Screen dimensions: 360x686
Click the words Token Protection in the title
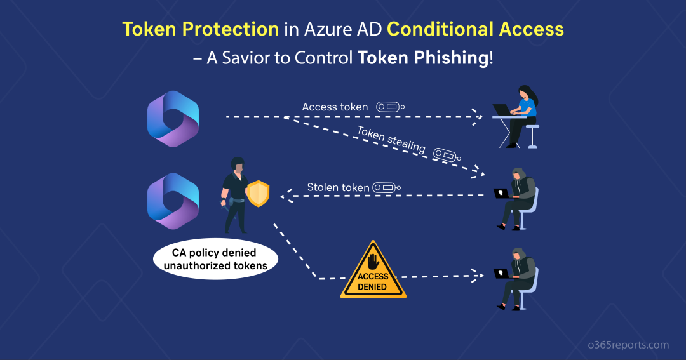200,29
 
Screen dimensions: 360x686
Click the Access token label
335,107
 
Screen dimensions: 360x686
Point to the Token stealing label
391,138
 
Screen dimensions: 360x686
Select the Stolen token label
338,187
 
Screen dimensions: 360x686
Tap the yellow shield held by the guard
258,193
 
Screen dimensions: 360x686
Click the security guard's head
237,164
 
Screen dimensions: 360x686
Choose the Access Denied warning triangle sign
373,271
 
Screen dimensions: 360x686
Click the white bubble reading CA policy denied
215,260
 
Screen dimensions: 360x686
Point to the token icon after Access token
391,107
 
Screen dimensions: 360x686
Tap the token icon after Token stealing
447,154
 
